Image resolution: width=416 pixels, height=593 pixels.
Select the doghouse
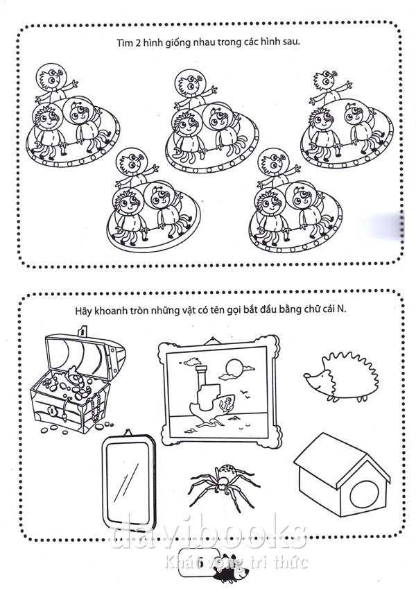(342, 475)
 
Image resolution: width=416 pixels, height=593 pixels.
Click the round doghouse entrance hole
(364, 495)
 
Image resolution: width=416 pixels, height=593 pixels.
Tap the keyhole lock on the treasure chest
(51, 410)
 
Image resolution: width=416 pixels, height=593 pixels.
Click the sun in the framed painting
(234, 366)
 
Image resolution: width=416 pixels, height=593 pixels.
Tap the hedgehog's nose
(306, 375)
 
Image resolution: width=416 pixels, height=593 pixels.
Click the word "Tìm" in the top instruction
(124, 43)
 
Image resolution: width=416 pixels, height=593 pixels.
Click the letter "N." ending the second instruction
(342, 309)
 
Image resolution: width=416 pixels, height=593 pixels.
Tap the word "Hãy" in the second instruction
(83, 311)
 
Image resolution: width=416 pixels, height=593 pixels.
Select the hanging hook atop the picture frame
(214, 341)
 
